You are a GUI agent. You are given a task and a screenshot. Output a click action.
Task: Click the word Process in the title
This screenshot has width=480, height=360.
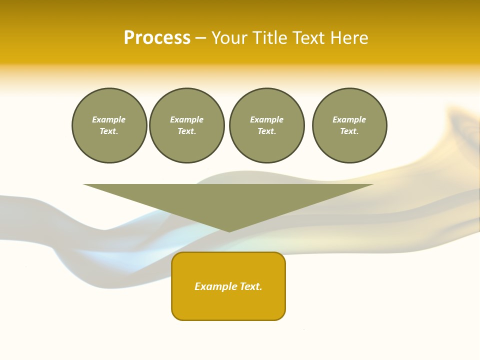click(157, 38)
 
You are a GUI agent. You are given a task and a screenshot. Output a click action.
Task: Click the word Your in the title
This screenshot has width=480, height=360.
click(229, 38)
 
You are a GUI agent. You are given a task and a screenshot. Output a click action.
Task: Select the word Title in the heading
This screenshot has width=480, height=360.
click(269, 38)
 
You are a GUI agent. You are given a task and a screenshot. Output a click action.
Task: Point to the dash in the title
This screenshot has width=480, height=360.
click(200, 38)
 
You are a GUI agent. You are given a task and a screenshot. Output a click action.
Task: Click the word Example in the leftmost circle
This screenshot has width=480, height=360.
click(109, 119)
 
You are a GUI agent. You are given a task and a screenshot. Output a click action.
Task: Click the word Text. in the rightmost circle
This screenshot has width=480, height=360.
click(349, 131)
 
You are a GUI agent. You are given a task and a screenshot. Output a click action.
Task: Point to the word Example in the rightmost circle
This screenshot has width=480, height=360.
click(349, 119)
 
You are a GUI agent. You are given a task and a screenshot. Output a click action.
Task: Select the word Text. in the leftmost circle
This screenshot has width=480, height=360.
click(109, 131)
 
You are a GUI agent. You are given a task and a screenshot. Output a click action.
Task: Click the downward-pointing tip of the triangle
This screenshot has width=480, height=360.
click(229, 230)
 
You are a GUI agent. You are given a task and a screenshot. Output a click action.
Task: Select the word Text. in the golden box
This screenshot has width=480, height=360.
click(251, 286)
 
